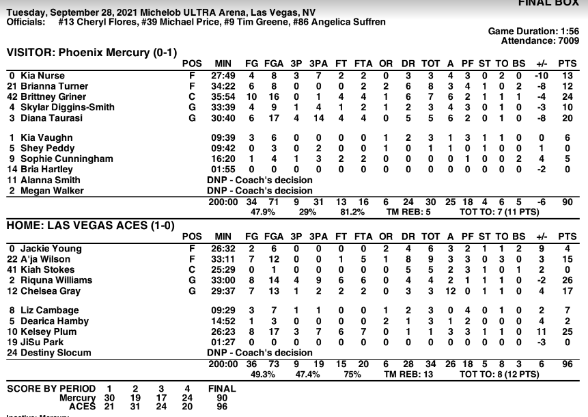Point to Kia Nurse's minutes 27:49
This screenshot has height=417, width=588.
click(x=225, y=75)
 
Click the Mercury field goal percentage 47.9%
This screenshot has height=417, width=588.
click(x=243, y=212)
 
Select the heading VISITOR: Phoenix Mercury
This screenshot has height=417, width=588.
click(x=83, y=52)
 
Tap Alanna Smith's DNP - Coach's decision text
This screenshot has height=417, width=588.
click(x=260, y=180)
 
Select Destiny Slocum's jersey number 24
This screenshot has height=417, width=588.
click(x=12, y=353)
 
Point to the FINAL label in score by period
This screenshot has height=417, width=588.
click(x=221, y=388)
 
